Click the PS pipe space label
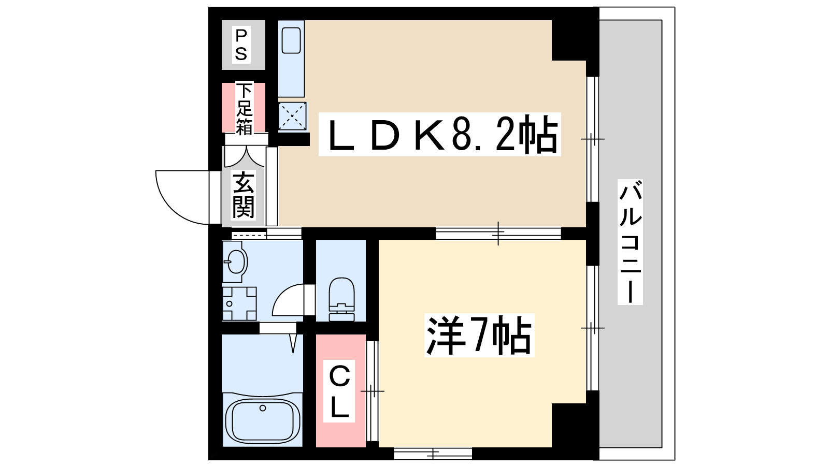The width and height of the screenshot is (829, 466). tap(241, 45)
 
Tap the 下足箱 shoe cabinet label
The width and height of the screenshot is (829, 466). tap(244, 108)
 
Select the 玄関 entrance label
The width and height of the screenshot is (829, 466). tap(244, 195)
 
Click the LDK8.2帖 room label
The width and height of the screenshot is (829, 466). tap(439, 134)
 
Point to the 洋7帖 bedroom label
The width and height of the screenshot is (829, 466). tap(479, 335)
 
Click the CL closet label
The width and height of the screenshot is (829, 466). tap(339, 391)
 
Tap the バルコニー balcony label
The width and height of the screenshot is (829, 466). tap(630, 242)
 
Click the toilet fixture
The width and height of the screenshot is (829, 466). tap(341, 299)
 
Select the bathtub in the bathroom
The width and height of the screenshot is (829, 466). tap(263, 419)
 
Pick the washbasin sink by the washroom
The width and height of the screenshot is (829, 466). tap(235, 261)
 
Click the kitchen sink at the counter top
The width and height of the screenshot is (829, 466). tap(291, 40)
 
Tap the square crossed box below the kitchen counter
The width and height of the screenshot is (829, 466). tap(292, 116)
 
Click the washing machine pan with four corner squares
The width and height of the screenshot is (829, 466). tap(239, 303)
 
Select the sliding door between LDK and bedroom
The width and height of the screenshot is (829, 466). tap(498, 234)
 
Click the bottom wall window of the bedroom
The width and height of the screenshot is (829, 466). tap(433, 454)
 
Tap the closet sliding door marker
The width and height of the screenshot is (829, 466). tap(372, 391)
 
